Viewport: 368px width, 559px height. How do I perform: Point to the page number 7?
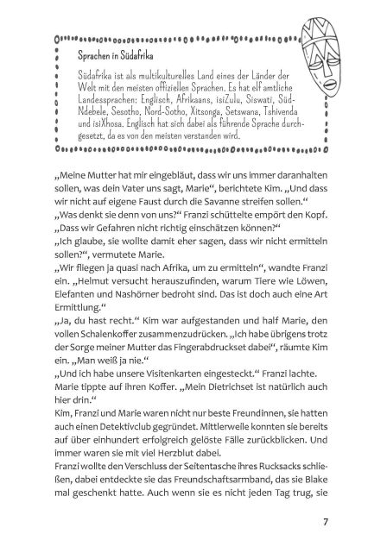pos(324,520)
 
